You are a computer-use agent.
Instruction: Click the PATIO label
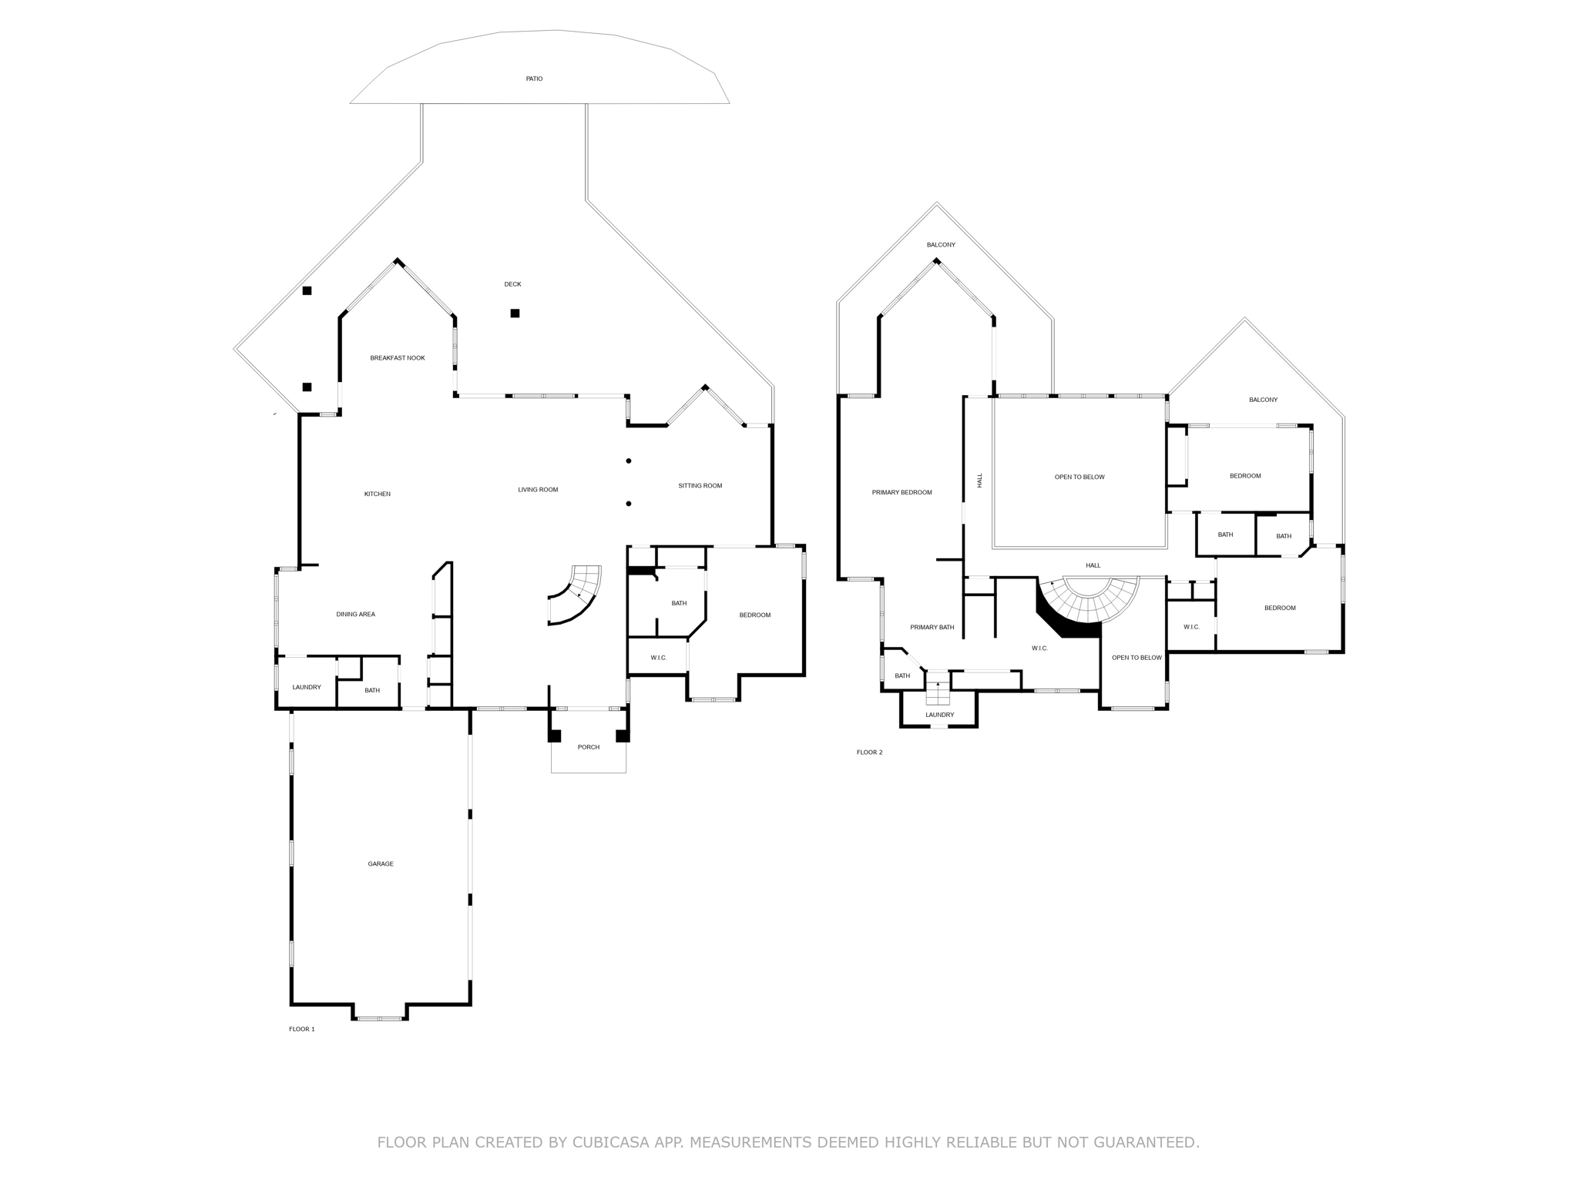[x=534, y=79]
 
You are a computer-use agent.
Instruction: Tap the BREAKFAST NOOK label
[x=397, y=358]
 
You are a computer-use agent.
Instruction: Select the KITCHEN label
[x=377, y=494]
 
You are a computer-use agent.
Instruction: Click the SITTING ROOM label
[x=700, y=486]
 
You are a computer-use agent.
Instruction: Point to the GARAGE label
[x=381, y=864]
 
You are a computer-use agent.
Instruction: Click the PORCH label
[x=589, y=747]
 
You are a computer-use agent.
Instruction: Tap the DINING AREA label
[x=355, y=615]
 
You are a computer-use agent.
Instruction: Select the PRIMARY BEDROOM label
[x=901, y=493]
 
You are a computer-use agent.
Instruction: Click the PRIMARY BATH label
[x=932, y=628]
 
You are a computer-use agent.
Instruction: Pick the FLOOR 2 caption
[x=869, y=752]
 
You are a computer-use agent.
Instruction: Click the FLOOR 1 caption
[x=301, y=1029]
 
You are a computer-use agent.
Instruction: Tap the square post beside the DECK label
[x=515, y=313]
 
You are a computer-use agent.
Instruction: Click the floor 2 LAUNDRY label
[x=939, y=715]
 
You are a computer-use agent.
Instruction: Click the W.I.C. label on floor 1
[x=658, y=658]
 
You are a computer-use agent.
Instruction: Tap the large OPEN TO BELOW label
[x=1079, y=478]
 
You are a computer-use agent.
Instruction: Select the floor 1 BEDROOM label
[x=754, y=615]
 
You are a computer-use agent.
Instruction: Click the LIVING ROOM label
[x=538, y=490]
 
